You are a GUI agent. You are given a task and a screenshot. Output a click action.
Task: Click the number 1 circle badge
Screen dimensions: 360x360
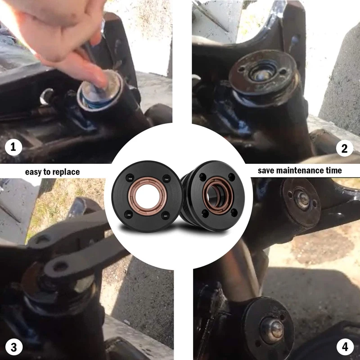pyautogui.click(x=13, y=147)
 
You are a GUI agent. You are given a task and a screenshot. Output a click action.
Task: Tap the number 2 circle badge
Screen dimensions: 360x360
pyautogui.click(x=345, y=148)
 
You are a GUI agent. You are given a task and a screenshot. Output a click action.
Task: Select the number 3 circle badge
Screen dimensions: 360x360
pyautogui.click(x=14, y=347)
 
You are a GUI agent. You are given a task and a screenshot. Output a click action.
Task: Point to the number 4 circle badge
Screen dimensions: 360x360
pyautogui.click(x=345, y=347)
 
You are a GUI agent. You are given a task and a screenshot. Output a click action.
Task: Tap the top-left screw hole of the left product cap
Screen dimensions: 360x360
pyautogui.click(x=130, y=178)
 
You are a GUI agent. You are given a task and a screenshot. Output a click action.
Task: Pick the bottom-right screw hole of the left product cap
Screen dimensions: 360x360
pyautogui.click(x=166, y=216)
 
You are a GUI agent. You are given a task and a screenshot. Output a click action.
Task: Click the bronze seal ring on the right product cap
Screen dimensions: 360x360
pyautogui.click(x=218, y=195)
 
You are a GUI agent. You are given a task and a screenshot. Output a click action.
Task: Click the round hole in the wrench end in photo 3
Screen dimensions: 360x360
pyautogui.click(x=60, y=266)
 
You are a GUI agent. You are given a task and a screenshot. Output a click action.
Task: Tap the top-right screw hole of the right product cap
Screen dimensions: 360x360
pyautogui.click(x=232, y=177)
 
